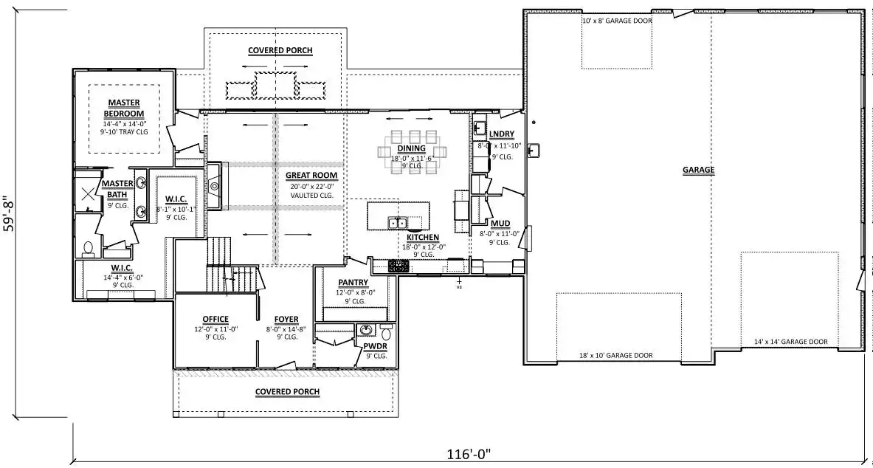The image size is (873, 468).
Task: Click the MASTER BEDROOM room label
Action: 124,108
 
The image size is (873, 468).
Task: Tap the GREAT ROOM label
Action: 311,175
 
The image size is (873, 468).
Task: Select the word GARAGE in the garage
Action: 698,170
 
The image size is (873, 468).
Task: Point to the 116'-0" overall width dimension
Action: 469,454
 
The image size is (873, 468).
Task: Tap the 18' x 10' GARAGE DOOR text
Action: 615,356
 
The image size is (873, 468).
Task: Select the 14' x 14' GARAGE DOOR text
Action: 790,342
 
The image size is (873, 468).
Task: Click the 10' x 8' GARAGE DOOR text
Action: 617,21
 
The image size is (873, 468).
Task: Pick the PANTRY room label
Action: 353,283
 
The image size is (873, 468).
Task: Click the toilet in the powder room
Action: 387,333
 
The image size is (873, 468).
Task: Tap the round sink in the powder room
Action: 366,330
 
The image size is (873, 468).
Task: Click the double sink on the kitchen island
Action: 398,223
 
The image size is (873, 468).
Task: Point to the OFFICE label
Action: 215,319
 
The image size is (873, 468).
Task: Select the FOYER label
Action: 286,319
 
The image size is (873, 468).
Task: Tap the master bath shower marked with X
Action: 88,193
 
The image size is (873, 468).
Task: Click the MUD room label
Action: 500,224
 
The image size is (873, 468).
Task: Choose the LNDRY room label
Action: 502,134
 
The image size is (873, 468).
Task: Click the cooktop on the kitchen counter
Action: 398,266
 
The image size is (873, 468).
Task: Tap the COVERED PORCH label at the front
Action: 287,392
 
